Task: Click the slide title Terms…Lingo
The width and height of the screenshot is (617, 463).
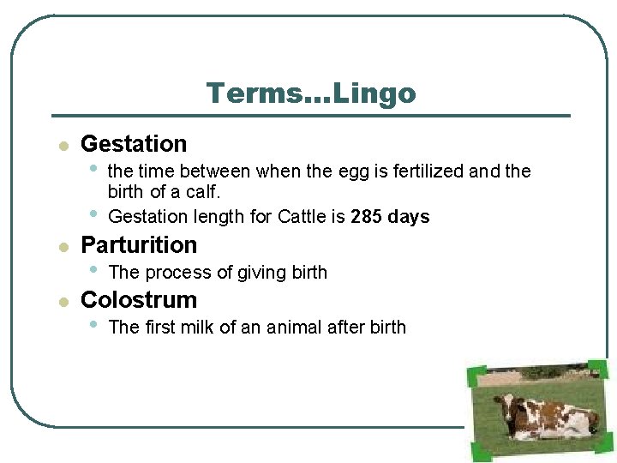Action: tap(310, 93)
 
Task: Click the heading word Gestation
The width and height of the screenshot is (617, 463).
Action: tap(134, 144)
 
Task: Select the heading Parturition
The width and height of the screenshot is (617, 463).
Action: tap(139, 245)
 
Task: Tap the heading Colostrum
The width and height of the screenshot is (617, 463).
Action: tap(139, 300)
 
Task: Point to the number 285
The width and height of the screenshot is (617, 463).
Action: tap(366, 217)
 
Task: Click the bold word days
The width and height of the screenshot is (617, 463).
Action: tap(408, 217)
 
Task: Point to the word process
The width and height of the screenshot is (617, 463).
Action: tap(172, 273)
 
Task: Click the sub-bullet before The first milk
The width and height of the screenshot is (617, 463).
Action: tap(93, 324)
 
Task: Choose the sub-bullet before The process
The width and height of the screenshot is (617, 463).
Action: tap(93, 269)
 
